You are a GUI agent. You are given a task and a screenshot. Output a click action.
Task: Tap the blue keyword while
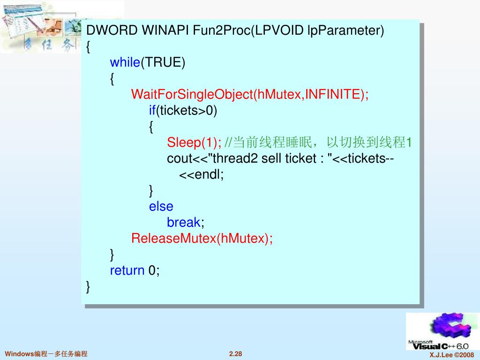125,62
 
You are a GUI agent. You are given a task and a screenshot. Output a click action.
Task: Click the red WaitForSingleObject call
192,94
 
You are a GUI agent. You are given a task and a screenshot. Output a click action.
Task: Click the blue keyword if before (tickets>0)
152,111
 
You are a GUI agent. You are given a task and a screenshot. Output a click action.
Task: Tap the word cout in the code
180,158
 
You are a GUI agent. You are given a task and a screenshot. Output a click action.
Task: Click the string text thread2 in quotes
236,158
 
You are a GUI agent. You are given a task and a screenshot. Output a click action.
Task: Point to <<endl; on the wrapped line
202,175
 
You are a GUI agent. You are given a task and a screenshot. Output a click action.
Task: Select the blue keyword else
161,206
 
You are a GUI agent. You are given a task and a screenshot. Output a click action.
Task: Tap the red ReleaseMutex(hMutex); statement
202,238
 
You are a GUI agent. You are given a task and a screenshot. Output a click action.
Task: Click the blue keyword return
127,270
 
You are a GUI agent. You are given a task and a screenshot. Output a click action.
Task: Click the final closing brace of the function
88,286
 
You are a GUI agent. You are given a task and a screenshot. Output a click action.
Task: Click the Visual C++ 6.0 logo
440,331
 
